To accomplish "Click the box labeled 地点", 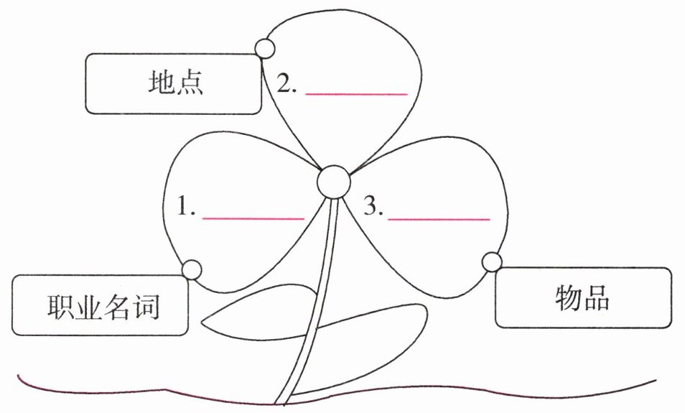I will [173, 83].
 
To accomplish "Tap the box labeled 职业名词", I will [100, 305].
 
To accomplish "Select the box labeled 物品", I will [583, 297].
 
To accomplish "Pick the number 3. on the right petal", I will [373, 208].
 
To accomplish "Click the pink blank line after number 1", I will [253, 218].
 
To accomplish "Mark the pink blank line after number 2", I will [356, 94].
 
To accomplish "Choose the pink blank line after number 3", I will [439, 218].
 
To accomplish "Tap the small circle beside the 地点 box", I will [265, 48].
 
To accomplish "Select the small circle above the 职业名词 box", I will [192, 269].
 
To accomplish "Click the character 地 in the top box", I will [159, 83].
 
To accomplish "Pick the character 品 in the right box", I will [597, 297].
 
